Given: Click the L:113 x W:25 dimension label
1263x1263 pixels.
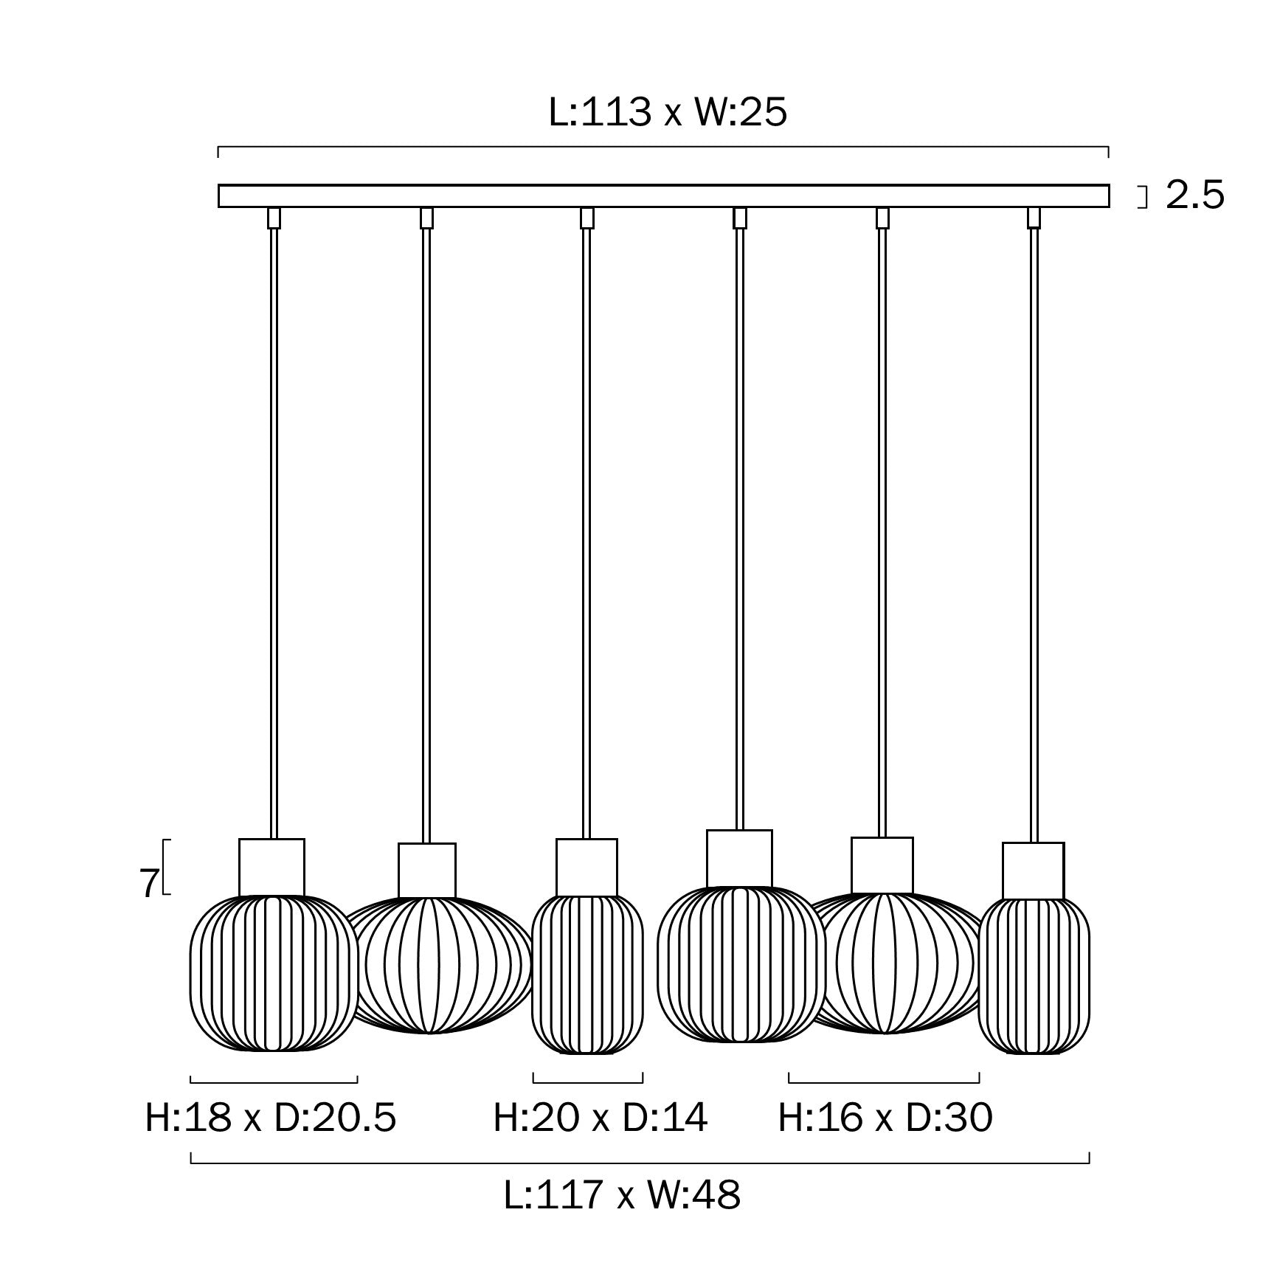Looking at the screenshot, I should [x=668, y=113].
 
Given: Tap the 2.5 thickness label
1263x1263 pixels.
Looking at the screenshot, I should [x=1194, y=195].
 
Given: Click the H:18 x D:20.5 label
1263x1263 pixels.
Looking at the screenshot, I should [x=271, y=1118].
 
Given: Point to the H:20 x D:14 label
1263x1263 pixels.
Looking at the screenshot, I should [x=600, y=1118].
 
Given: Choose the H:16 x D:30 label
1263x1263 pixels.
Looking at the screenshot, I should [x=885, y=1118].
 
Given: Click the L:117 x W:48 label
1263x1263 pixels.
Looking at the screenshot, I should [x=622, y=1194].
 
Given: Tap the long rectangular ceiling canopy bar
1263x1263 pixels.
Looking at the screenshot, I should [x=663, y=196].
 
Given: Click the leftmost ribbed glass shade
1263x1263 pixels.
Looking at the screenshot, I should [x=274, y=972].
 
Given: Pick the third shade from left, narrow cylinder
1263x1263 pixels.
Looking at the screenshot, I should [x=587, y=974].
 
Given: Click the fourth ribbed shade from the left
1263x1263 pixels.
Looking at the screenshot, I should [x=740, y=964].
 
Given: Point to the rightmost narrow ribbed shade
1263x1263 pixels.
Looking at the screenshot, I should [x=1034, y=975].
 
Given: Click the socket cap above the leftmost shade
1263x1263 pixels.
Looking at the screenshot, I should [x=271, y=867].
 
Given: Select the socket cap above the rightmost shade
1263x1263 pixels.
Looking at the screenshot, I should [x=1033, y=871].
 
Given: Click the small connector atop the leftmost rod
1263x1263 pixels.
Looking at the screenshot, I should [x=274, y=218].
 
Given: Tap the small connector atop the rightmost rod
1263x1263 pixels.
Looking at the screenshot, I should [x=1034, y=218].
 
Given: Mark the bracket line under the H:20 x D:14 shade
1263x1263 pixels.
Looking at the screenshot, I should [x=587, y=1082].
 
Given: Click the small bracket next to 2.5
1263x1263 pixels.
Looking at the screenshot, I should [x=1144, y=197].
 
